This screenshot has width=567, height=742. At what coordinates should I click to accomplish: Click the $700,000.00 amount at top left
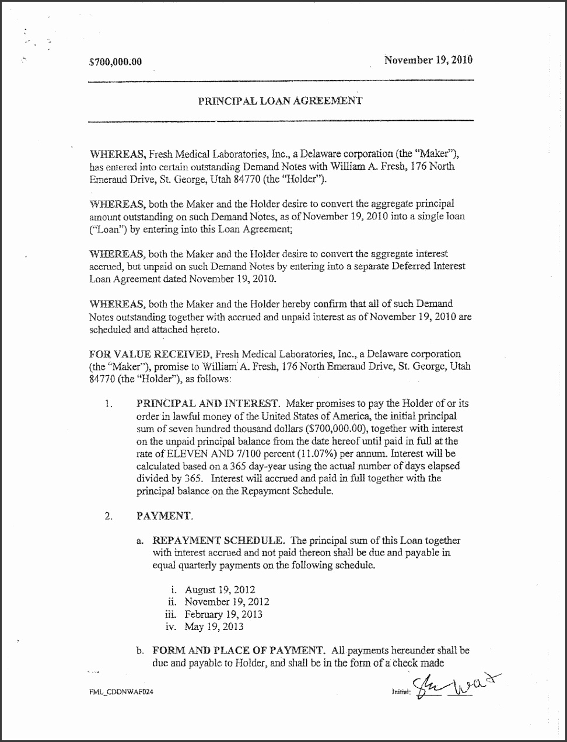pos(116,62)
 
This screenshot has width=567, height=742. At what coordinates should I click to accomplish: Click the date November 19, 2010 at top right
pos(428,60)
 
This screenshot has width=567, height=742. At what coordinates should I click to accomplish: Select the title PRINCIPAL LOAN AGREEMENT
pos(280,100)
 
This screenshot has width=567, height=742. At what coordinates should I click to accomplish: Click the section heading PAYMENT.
pos(163,516)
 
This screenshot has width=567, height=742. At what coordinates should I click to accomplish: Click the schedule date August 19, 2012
pos(220,590)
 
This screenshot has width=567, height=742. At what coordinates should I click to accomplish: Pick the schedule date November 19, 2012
pos(227,601)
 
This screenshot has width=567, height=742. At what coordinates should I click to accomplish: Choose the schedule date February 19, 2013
pos(223,614)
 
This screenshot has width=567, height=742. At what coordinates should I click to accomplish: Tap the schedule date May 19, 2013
pos(214,627)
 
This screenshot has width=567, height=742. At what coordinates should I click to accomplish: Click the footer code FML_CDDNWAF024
pos(121,691)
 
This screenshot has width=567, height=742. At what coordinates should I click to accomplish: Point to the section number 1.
pos(108,404)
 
